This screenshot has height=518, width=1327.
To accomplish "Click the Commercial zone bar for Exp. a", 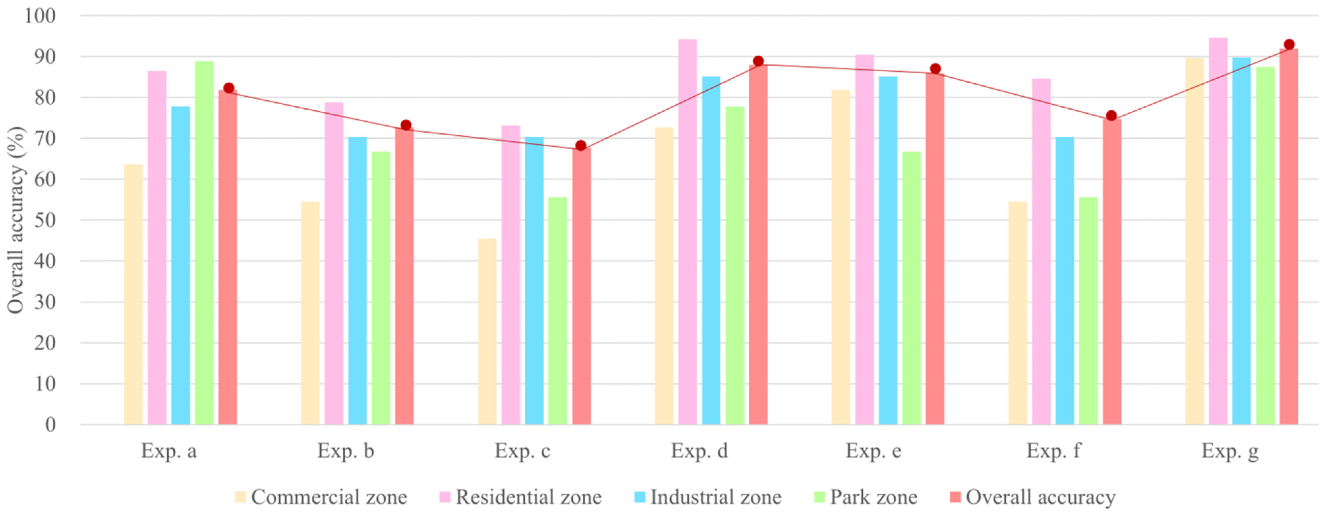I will coord(134,294).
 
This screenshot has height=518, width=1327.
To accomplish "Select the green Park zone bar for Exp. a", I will coord(204,243).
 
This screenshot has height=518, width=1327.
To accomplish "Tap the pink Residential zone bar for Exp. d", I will coord(687,232).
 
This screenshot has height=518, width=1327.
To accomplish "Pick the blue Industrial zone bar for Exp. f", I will coord(1065,281).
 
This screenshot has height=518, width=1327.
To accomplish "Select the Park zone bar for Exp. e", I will coord(911,288).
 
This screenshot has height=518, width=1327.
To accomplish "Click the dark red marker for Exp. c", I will coord(581,146).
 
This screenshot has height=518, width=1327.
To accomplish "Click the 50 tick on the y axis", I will coord(45,220).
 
